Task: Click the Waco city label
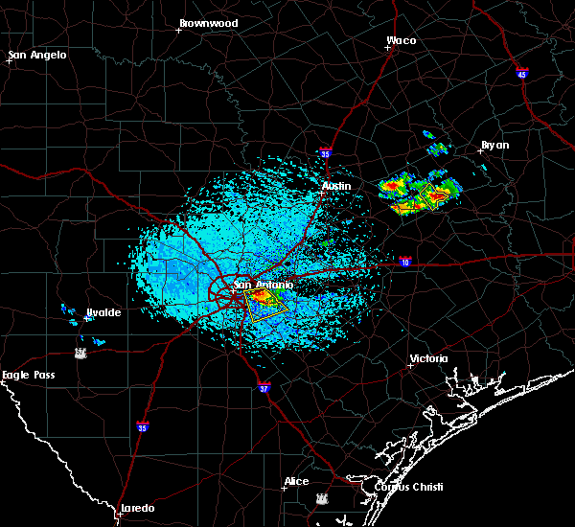click(401, 41)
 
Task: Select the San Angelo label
click(38, 55)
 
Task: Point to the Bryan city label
click(494, 145)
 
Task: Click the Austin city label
click(336, 186)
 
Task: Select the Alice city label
click(296, 481)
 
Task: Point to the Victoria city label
click(428, 358)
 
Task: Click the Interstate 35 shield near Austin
click(326, 151)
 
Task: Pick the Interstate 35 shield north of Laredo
click(143, 426)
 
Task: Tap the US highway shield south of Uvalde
click(80, 353)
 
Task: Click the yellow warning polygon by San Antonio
click(265, 304)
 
